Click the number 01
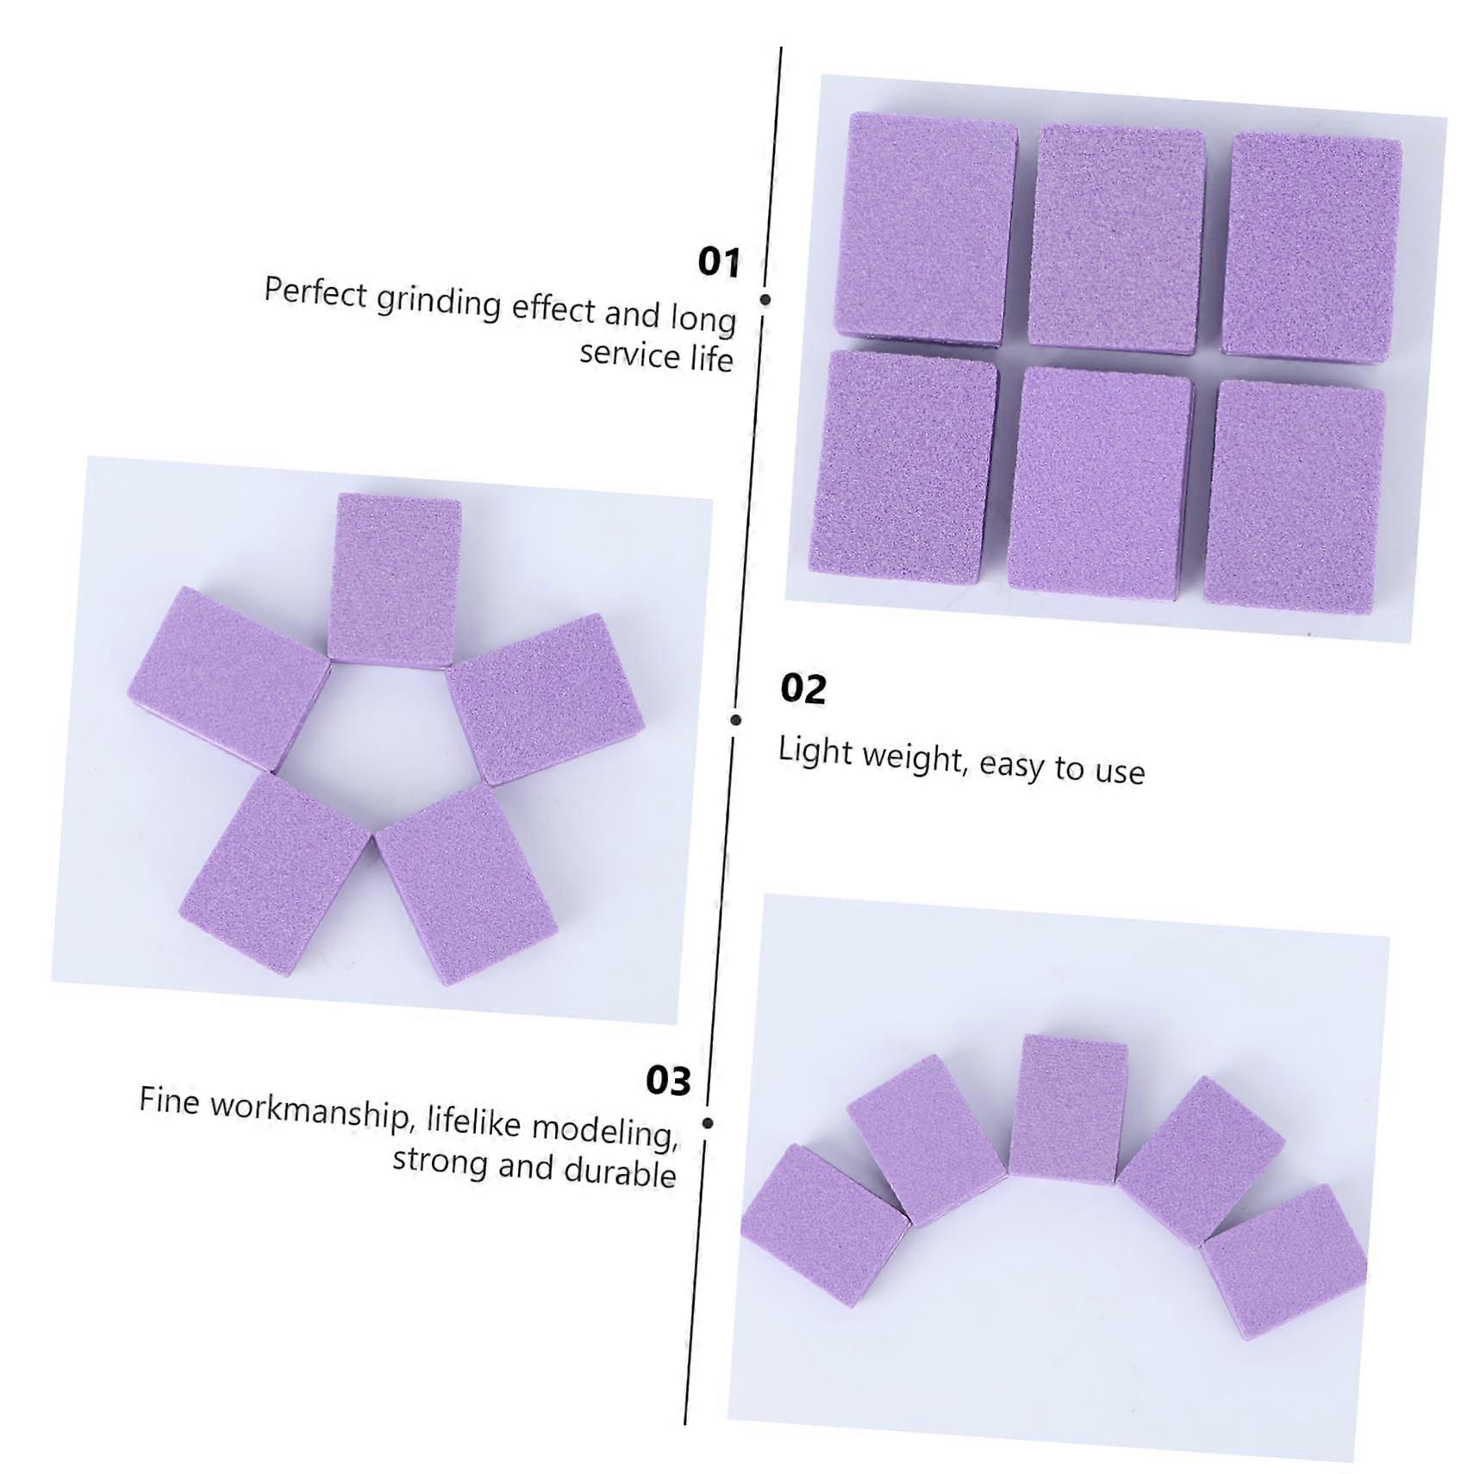719,262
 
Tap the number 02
803,689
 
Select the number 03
669,1081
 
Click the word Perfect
315,293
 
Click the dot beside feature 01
765,299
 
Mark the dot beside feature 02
735,720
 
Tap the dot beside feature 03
708,1123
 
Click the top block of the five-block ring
395,582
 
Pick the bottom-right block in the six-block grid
1294,497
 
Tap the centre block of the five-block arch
1068,1109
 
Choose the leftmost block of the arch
823,1225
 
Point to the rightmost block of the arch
1284,1260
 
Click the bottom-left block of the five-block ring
274,874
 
